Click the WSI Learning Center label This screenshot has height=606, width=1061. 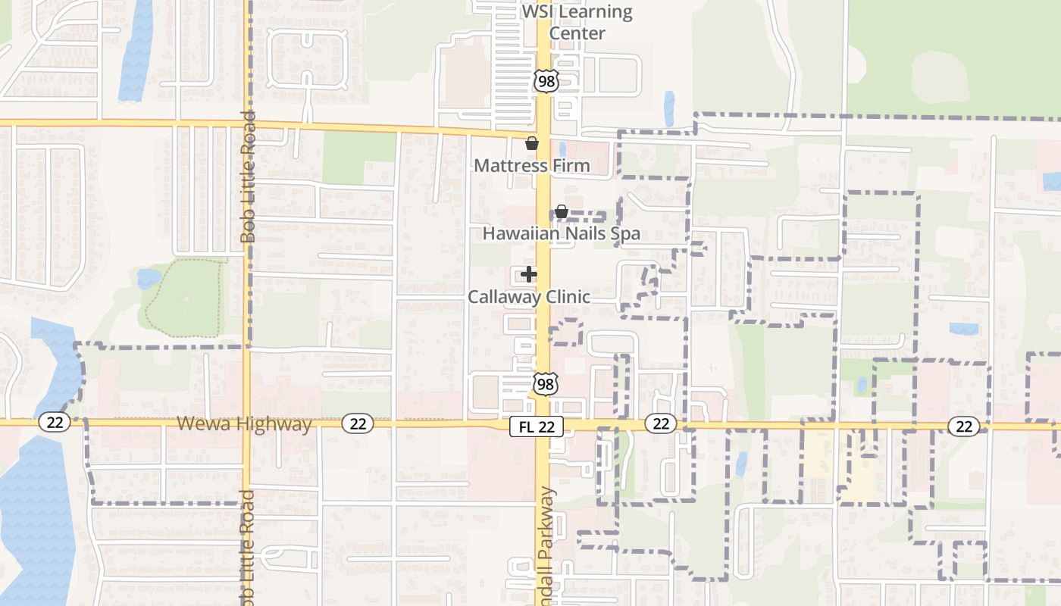577,23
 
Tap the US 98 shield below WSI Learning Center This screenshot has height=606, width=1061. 546,81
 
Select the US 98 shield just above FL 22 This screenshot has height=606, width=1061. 546,384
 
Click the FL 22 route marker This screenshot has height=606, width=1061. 537,426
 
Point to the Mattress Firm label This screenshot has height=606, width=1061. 531,165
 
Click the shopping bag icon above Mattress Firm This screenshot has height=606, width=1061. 532,143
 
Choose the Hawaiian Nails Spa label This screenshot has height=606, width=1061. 562,233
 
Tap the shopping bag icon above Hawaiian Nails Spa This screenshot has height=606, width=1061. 562,211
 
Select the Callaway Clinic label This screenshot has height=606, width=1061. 528,296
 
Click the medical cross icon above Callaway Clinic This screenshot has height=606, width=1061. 529,274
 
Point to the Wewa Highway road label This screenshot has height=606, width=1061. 244,423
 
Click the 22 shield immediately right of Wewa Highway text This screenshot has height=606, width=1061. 358,423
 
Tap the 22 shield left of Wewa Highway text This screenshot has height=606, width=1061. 55,422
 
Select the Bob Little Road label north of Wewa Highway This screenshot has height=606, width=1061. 248,178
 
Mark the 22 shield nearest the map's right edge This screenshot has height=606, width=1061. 963,426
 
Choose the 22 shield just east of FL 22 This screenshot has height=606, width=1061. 661,423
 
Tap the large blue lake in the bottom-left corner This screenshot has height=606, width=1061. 34,515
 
